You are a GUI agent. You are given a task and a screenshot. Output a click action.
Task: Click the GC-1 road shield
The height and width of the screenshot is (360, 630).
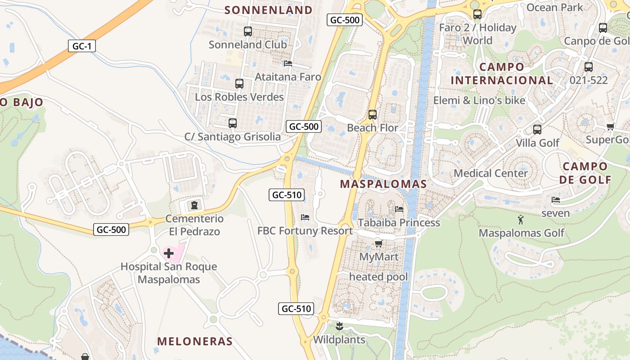82,46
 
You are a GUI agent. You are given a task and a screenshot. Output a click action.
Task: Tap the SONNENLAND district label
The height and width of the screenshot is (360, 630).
268,10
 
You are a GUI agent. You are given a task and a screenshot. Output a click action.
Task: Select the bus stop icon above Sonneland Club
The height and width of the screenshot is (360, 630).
248,31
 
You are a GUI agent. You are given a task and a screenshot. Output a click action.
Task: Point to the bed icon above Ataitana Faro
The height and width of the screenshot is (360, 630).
288,63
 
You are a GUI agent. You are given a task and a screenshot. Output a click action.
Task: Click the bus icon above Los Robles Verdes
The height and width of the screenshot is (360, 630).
239,84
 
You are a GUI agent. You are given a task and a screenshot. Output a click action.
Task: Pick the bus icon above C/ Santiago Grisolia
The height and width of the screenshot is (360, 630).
233,123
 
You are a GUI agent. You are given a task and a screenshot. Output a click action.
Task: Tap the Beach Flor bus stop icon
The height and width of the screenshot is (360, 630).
372,115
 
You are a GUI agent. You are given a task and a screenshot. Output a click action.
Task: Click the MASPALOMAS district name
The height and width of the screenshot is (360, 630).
383,184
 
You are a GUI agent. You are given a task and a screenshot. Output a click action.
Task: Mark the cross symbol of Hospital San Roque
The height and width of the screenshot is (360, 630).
169,253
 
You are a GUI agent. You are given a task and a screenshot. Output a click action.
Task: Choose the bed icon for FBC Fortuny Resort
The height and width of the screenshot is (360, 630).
305,218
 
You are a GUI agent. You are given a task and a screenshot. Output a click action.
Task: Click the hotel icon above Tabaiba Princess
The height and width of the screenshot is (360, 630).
399,209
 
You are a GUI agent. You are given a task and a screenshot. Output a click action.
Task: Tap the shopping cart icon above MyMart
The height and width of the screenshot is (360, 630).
378,244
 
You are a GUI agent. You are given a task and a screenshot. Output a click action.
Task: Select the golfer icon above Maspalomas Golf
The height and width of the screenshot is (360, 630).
521,220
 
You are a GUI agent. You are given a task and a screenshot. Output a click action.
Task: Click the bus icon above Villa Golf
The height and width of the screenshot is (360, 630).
537,130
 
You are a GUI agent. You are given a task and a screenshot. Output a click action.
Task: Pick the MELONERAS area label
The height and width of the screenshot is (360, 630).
195,341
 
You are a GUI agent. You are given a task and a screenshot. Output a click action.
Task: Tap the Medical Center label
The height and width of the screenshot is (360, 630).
490,173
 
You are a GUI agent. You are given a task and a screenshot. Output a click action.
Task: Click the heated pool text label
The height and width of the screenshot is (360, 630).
378,277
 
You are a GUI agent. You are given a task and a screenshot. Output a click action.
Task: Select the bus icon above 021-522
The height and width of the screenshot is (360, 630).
589,67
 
